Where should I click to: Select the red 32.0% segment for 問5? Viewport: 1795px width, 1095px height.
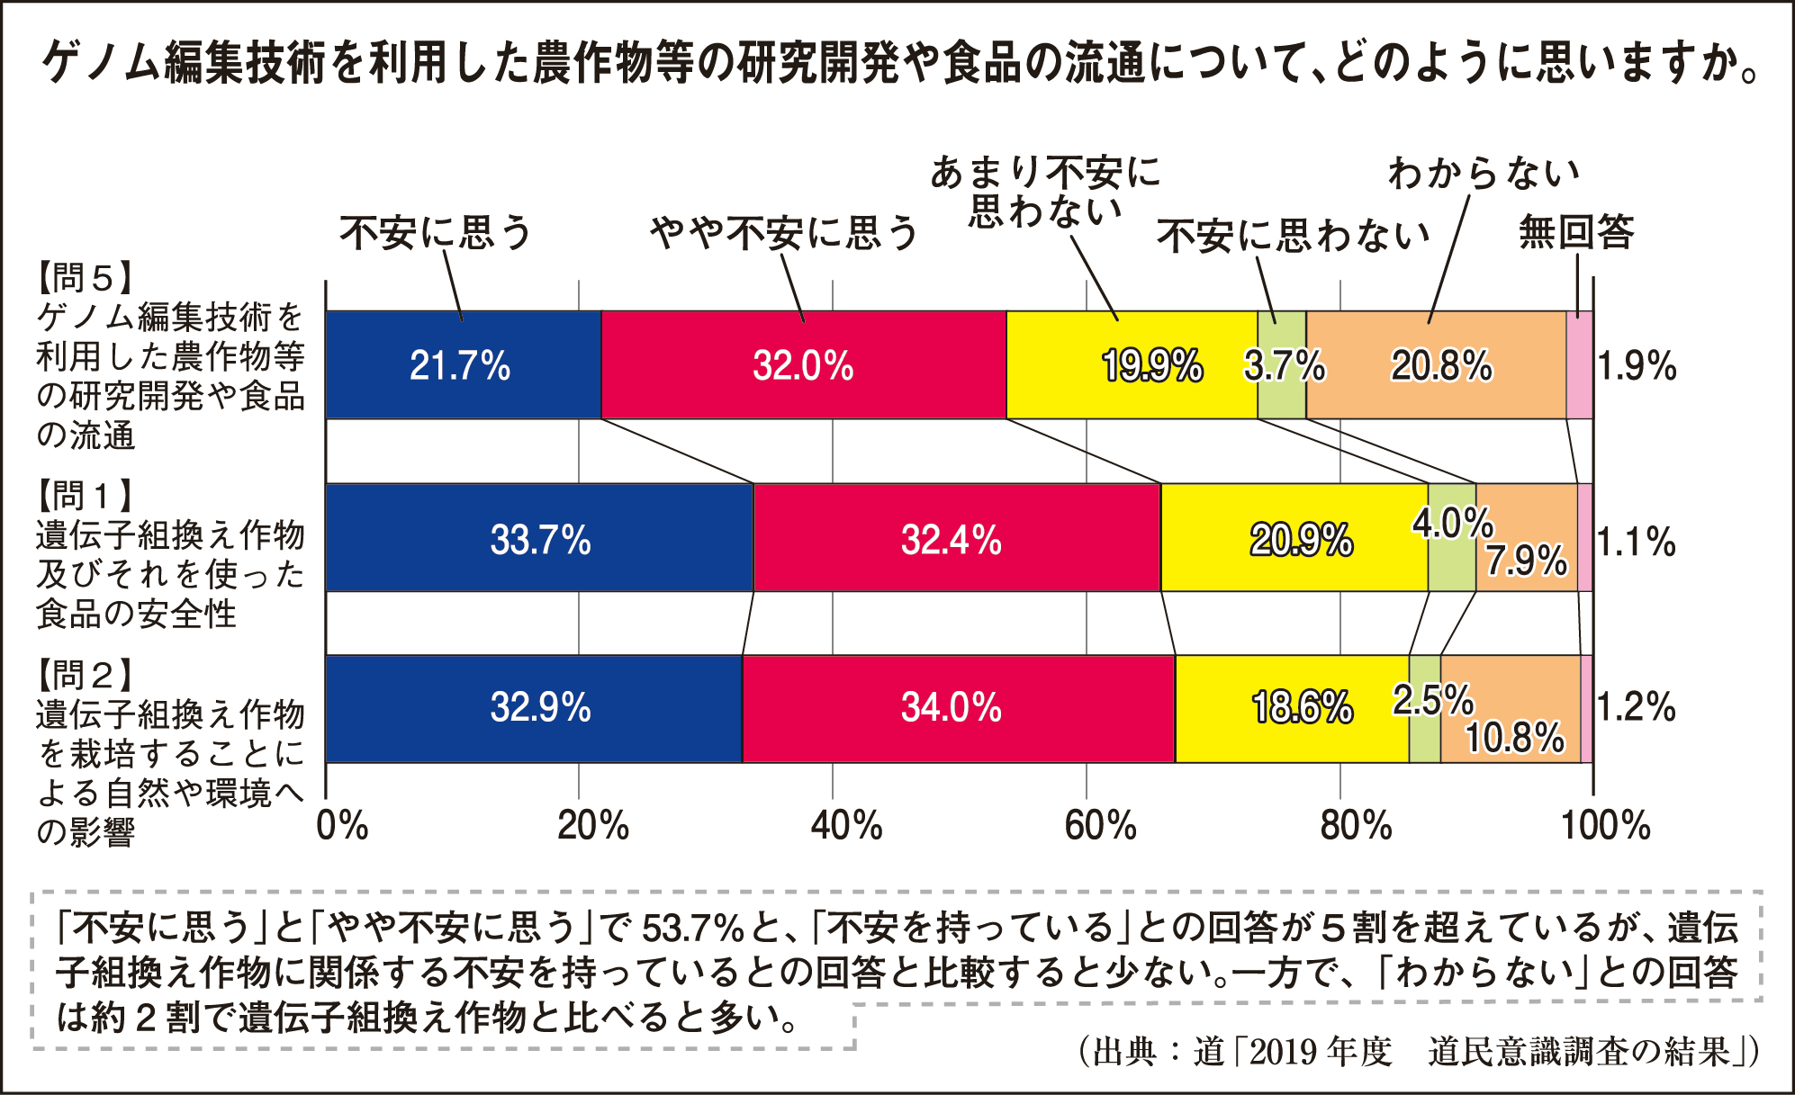(803, 365)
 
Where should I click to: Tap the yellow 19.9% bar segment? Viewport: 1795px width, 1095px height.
(1131, 365)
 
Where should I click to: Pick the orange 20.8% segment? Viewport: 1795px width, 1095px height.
(1437, 365)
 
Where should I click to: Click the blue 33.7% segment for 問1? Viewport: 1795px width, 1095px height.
(539, 538)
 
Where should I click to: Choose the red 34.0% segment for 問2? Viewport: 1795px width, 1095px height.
(958, 709)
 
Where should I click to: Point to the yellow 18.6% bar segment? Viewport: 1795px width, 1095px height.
(1292, 709)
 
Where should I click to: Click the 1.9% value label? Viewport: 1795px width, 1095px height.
(1637, 366)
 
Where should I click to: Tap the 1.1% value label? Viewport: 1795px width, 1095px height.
(1636, 542)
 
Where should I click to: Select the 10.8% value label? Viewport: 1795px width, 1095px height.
(1515, 738)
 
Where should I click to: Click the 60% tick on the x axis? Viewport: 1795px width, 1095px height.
(1099, 825)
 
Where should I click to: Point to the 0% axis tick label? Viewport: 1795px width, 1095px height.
(342, 825)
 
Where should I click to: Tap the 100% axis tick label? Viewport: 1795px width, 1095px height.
(1605, 825)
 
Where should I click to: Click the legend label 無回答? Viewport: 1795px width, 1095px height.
(1576, 232)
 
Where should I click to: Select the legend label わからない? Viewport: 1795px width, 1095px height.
(1484, 173)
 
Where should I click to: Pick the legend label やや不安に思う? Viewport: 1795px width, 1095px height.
(783, 233)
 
